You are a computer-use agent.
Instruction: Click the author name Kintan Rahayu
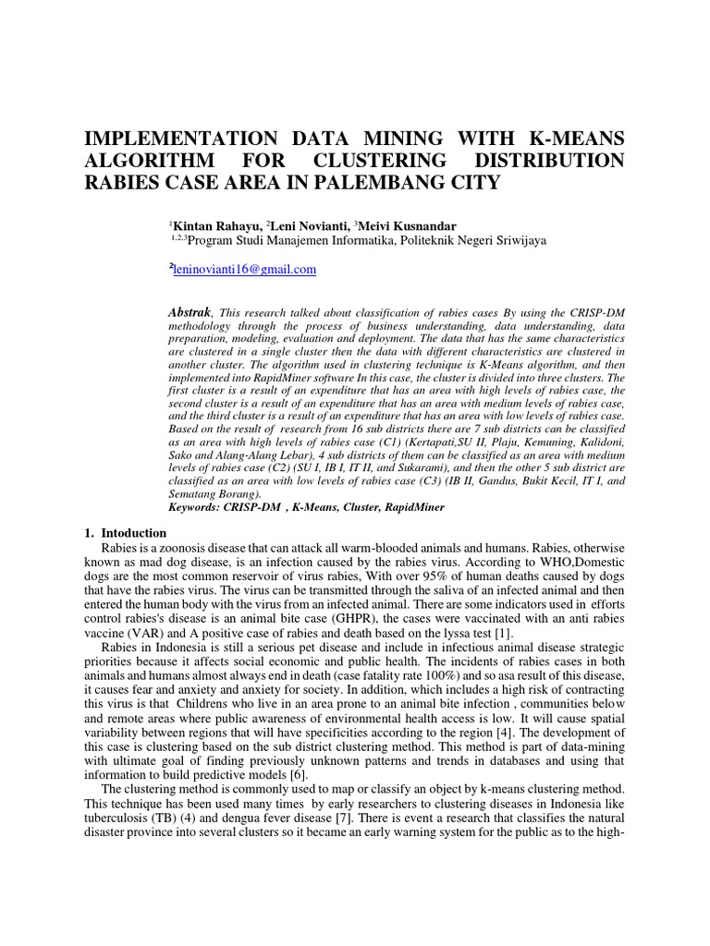coord(214,225)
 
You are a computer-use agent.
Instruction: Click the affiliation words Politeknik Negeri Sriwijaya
coord(472,240)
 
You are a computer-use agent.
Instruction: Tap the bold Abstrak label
coord(190,312)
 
